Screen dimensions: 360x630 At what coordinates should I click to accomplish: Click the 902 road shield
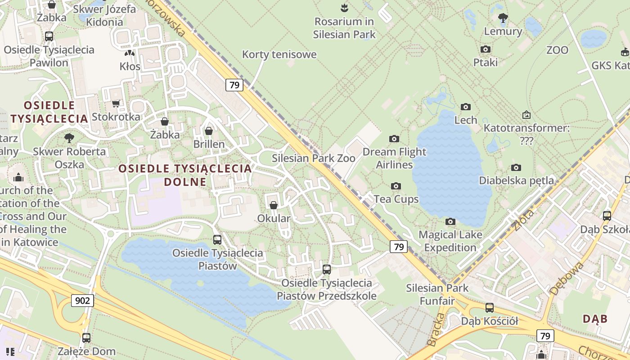82,301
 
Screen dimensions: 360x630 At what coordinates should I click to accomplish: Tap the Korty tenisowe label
279,54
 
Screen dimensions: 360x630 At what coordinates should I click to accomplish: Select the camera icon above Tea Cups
396,186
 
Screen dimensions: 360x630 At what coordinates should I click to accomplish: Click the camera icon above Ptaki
486,49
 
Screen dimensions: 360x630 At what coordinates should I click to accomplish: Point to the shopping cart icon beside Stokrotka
116,104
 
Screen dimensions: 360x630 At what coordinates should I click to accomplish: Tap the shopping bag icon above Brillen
209,131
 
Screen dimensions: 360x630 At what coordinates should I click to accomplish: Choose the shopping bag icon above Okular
273,205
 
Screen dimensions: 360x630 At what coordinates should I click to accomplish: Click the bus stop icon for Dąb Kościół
490,308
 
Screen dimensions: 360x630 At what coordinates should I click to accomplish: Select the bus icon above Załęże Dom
86,337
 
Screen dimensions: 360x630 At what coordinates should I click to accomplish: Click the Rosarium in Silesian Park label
344,27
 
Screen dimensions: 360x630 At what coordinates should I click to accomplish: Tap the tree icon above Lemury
503,18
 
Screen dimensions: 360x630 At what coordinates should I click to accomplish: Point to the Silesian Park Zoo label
314,158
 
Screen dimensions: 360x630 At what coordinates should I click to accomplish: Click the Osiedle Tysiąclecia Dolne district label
185,175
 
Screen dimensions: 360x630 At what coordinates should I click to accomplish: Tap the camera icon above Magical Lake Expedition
450,221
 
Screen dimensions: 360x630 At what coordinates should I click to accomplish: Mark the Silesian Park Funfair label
437,294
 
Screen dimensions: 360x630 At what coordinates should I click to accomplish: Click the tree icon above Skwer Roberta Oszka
69,138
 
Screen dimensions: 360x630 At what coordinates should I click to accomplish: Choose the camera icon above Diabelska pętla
516,167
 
